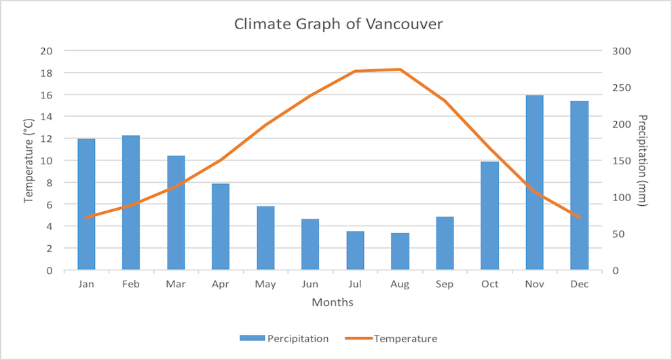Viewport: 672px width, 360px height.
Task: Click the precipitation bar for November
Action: [534, 183]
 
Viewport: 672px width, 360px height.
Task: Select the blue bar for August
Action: [400, 251]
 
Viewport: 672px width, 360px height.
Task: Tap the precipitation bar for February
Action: [131, 204]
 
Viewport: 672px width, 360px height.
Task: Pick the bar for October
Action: [489, 216]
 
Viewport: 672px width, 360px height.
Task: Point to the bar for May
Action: [265, 238]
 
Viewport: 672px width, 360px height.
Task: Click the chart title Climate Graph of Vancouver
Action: [338, 24]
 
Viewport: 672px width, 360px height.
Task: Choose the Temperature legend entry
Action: [405, 338]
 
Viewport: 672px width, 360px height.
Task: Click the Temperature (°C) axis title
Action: [29, 160]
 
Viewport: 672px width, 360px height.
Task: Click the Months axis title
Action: [333, 302]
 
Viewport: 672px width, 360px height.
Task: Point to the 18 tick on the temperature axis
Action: [46, 73]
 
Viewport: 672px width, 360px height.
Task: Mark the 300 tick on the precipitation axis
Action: [622, 51]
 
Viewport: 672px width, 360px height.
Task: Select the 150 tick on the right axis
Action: [622, 161]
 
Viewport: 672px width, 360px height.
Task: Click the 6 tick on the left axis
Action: [49, 204]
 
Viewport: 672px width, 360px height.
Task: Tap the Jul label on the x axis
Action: [355, 285]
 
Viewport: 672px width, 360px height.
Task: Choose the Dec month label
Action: [579, 285]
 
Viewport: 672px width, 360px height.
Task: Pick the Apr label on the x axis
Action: [221, 285]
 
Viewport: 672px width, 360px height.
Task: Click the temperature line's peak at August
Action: [400, 69]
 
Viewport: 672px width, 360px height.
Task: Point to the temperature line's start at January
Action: [86, 217]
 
